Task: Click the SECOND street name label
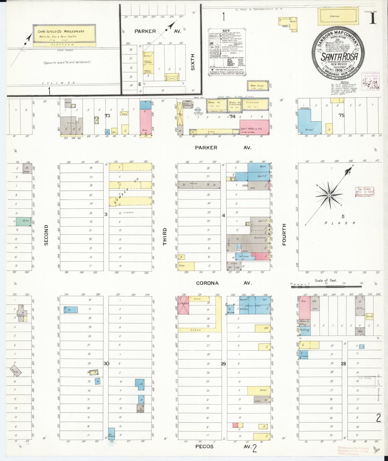click(46, 235)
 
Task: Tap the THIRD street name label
click(165, 236)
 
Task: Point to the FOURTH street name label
click(284, 234)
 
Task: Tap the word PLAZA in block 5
click(340, 223)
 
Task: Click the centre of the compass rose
click(329, 195)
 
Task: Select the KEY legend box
click(228, 53)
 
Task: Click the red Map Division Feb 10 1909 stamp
click(364, 192)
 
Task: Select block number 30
click(106, 363)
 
